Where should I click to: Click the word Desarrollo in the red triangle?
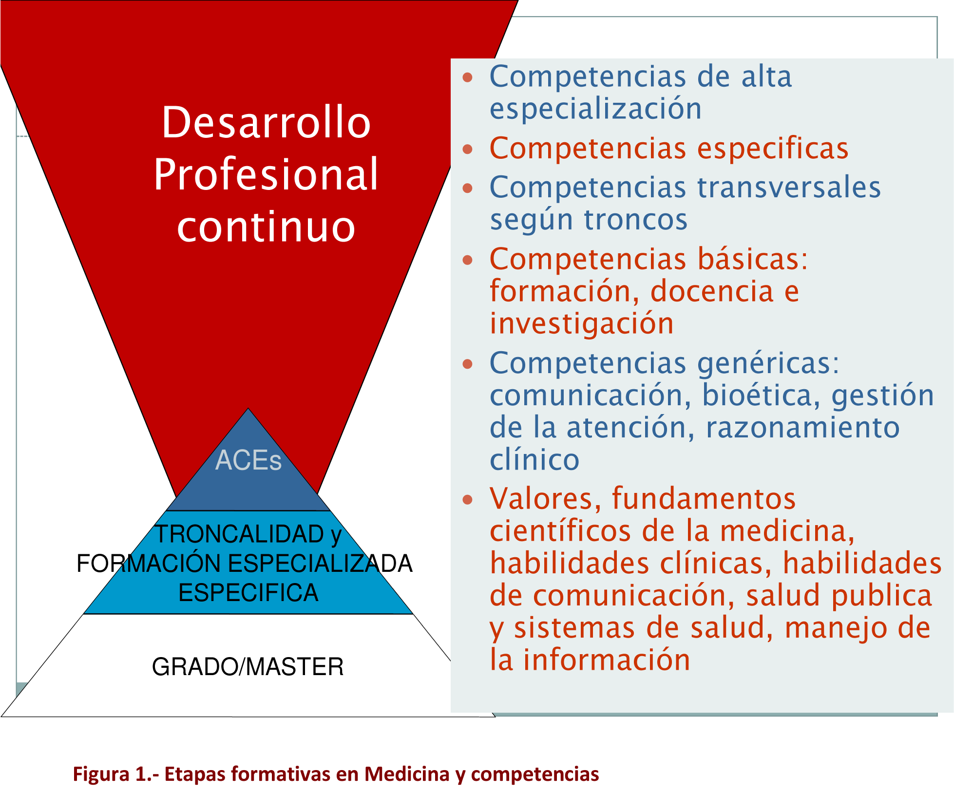click(266, 122)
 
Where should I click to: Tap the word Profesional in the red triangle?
click(266, 174)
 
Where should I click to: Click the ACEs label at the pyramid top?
click(248, 460)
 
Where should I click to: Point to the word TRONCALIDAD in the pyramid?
click(239, 534)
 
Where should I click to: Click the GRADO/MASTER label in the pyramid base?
click(248, 667)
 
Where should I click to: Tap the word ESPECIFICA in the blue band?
click(248, 593)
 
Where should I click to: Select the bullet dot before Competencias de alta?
click(468, 77)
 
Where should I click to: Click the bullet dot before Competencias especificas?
click(468, 149)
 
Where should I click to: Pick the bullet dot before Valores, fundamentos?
click(468, 499)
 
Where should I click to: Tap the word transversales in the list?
click(789, 188)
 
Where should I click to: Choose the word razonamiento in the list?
click(802, 428)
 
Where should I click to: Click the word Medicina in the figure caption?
click(407, 773)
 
